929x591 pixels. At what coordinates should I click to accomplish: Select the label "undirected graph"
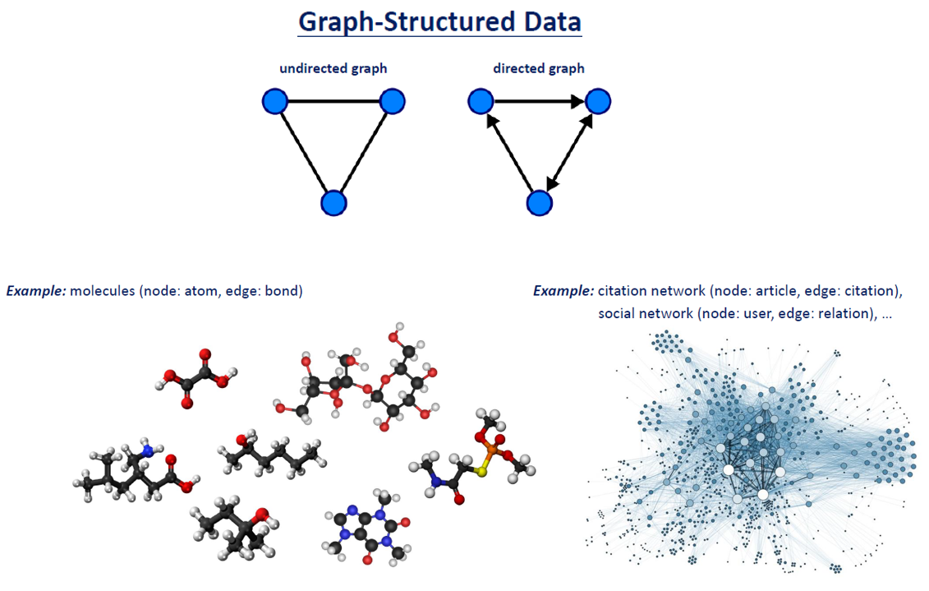333,68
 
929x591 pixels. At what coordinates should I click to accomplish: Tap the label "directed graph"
539,68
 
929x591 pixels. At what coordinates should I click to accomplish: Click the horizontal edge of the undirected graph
333,102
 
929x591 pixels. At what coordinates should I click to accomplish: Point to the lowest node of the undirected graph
333,202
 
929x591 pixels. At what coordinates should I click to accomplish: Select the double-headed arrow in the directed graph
568,152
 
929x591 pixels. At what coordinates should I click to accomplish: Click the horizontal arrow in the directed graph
539,102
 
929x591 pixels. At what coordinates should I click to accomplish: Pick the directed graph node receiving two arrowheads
597,102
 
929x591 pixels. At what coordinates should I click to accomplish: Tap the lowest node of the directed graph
539,202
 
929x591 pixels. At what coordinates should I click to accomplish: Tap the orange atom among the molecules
491,449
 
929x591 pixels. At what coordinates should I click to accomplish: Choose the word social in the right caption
618,314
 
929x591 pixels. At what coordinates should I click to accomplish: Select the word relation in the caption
840,314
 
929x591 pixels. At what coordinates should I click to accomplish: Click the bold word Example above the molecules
37,291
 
